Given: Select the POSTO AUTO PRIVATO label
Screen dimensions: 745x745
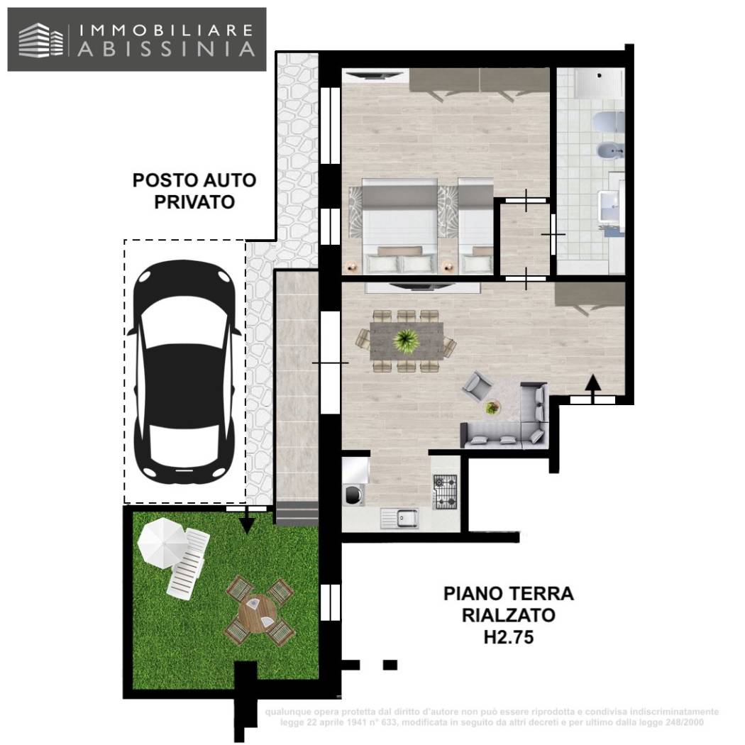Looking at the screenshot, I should click(x=194, y=191).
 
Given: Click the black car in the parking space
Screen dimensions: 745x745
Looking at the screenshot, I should click(x=184, y=371).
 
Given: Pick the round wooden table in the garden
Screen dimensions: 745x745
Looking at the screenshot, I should click(x=259, y=610).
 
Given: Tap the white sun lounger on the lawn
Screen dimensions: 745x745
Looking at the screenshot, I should click(x=188, y=565).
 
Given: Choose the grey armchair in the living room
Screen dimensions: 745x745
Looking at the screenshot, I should click(x=478, y=387).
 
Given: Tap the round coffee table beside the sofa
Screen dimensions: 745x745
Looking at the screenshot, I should click(x=492, y=407).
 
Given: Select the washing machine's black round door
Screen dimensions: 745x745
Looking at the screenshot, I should click(x=351, y=495).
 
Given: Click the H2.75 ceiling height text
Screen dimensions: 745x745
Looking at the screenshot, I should click(x=508, y=637).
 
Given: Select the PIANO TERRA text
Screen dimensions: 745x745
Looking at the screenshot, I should click(x=508, y=592).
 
